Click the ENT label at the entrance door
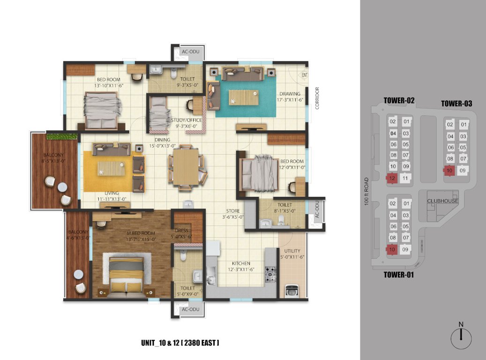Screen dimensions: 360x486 click(x=305, y=75)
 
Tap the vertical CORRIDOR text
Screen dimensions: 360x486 click(x=317, y=98)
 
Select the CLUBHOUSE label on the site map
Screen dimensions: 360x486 click(x=442, y=201)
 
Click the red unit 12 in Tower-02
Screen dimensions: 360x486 click(x=393, y=178)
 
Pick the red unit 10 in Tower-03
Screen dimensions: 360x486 click(x=449, y=171)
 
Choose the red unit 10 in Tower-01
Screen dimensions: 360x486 click(x=393, y=249)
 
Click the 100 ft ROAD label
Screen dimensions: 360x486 click(x=366, y=191)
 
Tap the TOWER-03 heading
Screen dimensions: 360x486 click(x=456, y=104)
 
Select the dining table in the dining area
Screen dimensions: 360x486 click(x=186, y=167)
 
